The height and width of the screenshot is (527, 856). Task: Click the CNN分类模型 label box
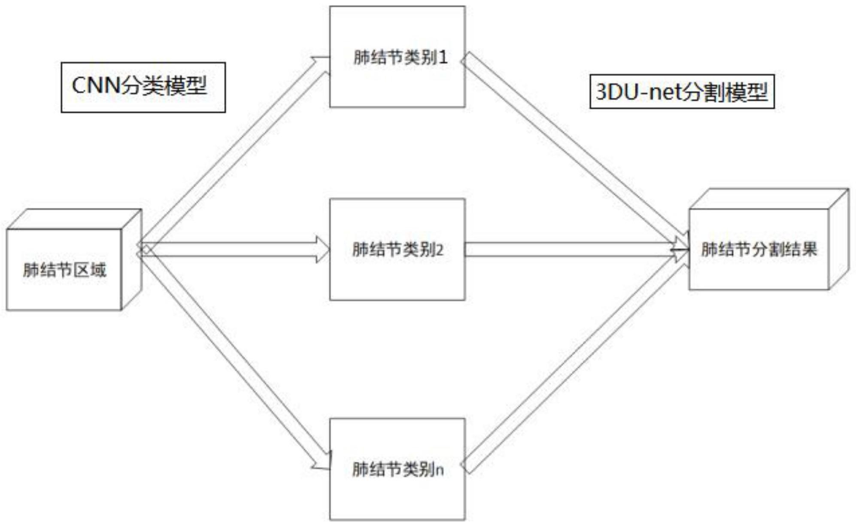coord(143,87)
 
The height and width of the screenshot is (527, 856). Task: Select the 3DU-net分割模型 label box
coord(682,91)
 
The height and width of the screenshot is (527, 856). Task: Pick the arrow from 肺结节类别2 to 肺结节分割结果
coord(571,249)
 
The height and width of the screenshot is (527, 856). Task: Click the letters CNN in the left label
coord(95,85)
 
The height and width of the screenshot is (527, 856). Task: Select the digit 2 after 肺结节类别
coord(439,250)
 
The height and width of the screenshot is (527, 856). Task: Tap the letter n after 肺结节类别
coord(439,470)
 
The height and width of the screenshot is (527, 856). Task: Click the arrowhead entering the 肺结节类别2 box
coord(323,249)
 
